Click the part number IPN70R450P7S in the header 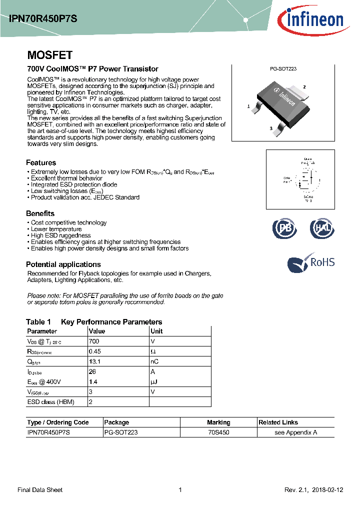click(x=43, y=18)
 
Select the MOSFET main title click(x=49, y=55)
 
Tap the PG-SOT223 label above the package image click(x=283, y=69)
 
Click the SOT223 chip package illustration click(x=282, y=100)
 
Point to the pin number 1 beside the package click(x=248, y=106)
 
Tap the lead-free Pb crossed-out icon click(x=284, y=228)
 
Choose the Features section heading click(x=41, y=162)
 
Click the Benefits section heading click(x=40, y=213)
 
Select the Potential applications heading click(x=63, y=264)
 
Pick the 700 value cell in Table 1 click(x=93, y=341)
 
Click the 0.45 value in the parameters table click(x=95, y=351)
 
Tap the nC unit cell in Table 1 click(x=154, y=361)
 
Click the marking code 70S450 click(x=218, y=432)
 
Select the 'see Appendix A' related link click(x=296, y=432)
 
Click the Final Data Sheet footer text click(x=40, y=490)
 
